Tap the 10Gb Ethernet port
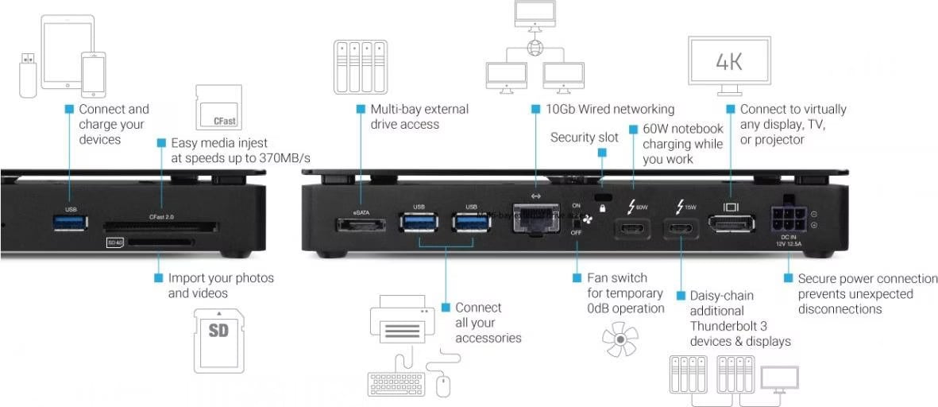(535, 218)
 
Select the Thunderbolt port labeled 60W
(632, 228)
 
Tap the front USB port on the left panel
(71, 223)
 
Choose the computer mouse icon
(442, 385)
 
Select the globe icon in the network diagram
(533, 47)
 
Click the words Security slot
(584, 138)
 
